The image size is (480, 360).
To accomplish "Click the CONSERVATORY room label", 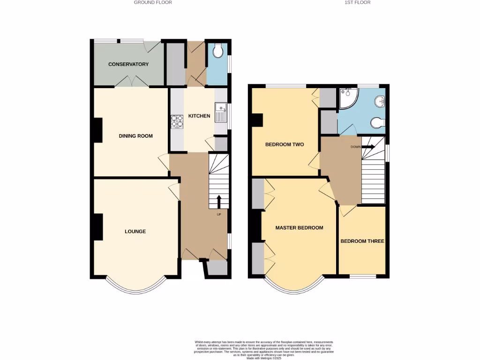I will [128, 64].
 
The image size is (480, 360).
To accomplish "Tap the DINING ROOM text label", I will [135, 136].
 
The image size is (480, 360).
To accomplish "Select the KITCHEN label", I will [199, 116].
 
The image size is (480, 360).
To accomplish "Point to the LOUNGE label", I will [135, 231].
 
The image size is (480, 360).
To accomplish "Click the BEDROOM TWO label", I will [285, 144].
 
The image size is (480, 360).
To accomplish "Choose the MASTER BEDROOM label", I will [299, 228].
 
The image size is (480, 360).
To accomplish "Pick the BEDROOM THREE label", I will [362, 241].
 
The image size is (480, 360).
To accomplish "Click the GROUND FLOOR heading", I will [153, 2].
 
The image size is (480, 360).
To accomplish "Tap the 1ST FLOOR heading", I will [358, 2].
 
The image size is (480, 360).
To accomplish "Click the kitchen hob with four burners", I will [178, 121].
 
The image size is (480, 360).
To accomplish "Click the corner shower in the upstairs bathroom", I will [348, 96].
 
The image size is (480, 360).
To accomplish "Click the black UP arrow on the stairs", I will [219, 201].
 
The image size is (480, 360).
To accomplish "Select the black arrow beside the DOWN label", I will [367, 147].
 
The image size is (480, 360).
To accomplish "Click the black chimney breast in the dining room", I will [97, 130].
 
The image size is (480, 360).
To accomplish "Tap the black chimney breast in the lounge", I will [98, 227].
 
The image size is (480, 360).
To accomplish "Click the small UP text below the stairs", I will [218, 215].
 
